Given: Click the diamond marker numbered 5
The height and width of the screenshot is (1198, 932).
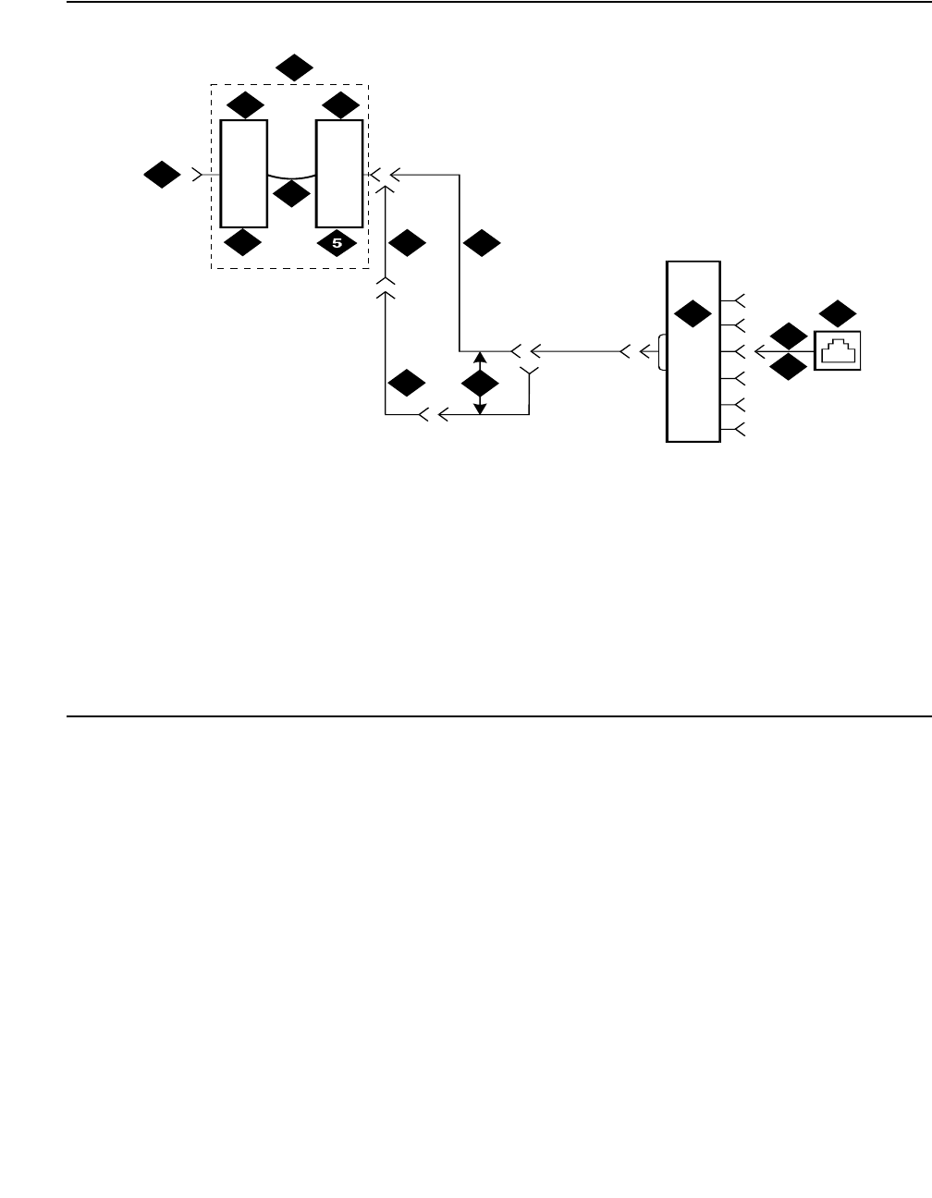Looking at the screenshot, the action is click(x=337, y=243).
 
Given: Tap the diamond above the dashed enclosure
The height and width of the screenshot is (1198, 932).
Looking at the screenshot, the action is click(x=295, y=67).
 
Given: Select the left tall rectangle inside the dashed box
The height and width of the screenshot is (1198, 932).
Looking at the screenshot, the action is click(x=244, y=173).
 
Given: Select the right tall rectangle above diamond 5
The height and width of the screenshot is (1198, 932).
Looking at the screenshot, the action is click(x=339, y=173).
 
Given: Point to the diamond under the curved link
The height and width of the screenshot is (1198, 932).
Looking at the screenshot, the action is click(x=293, y=194).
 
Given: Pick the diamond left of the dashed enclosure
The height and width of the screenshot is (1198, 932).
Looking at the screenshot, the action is click(x=162, y=174).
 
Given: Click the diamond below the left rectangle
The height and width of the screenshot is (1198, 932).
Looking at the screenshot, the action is click(x=244, y=243).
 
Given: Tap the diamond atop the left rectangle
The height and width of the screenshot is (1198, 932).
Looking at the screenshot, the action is click(x=245, y=104).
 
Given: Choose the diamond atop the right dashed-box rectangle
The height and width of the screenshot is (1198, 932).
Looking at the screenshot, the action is click(x=340, y=104).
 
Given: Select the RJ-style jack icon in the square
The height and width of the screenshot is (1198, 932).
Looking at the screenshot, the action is click(x=838, y=351).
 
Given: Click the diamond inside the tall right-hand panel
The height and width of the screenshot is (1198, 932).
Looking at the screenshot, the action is click(x=692, y=314).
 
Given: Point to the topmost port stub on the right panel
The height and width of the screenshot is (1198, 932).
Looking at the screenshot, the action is click(x=737, y=299).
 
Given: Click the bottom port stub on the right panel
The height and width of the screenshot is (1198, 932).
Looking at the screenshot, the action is click(x=737, y=429).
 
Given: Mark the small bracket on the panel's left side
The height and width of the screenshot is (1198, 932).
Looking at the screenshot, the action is click(x=660, y=351).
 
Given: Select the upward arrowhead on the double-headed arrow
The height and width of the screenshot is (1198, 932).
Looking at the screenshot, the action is click(x=480, y=357).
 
